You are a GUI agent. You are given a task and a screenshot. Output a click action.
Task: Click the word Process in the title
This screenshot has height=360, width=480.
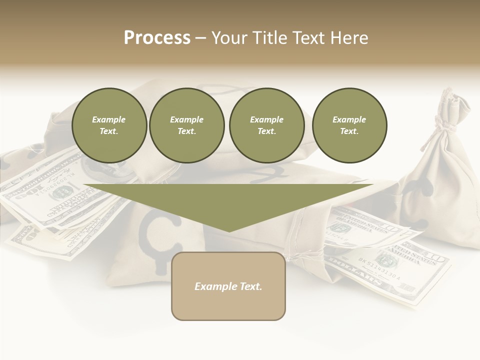[157, 38]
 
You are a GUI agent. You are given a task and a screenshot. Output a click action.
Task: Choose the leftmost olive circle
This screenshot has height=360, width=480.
[109, 125]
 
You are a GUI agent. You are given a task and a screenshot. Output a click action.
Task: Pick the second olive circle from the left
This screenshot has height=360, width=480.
[186, 125]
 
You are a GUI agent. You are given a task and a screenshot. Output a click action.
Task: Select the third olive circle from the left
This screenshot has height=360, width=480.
[266, 125]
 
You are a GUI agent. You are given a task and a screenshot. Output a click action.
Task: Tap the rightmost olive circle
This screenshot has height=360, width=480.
[349, 125]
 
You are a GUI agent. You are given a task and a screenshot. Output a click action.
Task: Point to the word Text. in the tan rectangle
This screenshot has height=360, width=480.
[250, 286]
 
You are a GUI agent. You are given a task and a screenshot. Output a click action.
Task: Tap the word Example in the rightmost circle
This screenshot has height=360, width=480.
[349, 119]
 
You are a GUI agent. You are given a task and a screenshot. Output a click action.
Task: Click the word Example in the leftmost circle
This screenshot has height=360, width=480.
[109, 119]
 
